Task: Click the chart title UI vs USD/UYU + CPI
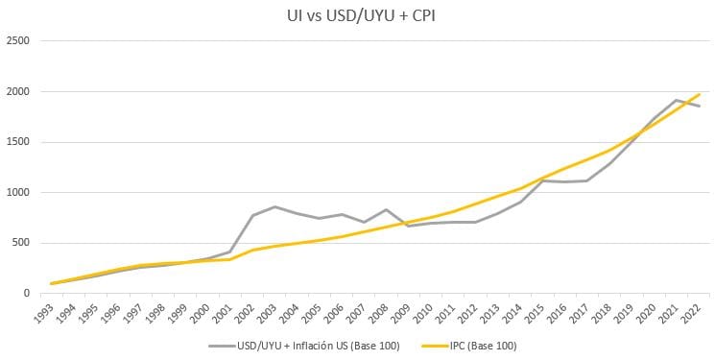pos(361,15)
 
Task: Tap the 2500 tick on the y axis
pos(18,40)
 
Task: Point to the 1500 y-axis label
pos(18,142)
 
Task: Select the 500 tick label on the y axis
pos(21,243)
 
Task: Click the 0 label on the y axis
pos(27,294)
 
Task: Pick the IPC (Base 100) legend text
pos(484,346)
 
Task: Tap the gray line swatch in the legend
pos(222,347)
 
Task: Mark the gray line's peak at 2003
pos(274,206)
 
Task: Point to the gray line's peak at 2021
pos(676,100)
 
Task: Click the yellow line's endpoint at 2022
pos(699,94)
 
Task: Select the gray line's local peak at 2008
pos(386,209)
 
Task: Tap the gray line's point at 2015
pos(542,180)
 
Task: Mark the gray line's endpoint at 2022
pos(699,107)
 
